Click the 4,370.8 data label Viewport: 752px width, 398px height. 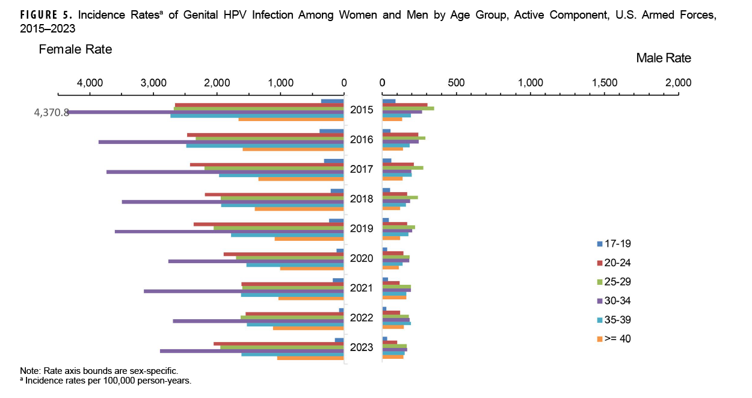tap(51, 113)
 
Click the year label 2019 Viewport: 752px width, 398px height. tap(362, 229)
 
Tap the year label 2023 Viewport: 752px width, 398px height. tap(362, 347)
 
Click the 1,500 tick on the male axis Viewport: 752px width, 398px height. tap(605, 82)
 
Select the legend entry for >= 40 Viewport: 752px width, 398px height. tap(614, 339)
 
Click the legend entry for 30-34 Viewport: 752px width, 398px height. tap(614, 301)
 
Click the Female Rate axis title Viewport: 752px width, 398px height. tap(75, 49)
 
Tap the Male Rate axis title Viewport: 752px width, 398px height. tap(664, 58)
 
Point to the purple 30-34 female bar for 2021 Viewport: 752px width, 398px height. tap(244, 291)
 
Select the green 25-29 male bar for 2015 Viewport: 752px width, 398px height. tap(408, 108)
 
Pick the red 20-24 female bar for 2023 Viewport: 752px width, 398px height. tap(279, 344)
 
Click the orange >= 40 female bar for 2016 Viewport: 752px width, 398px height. tap(293, 149)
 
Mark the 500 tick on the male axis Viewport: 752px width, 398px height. tap(456, 82)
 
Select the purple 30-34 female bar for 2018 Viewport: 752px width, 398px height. tap(233, 202)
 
